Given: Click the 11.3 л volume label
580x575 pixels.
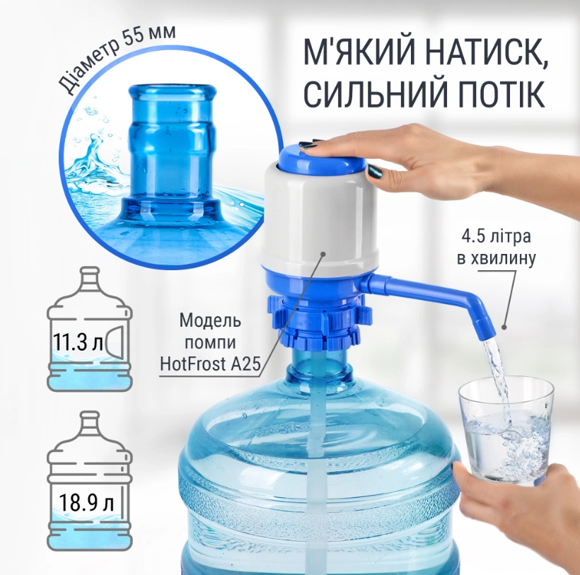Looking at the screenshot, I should [x=77, y=343].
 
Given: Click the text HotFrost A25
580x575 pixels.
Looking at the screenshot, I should [x=210, y=364].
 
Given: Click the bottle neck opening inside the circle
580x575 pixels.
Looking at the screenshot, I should [x=172, y=92].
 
